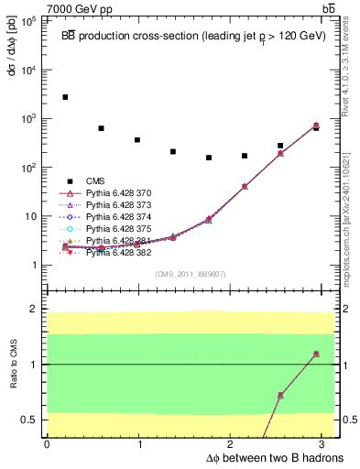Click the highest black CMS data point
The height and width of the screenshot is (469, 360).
(x=65, y=97)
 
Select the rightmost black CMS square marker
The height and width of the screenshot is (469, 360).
(x=316, y=128)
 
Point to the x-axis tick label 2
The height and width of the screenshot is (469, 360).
(x=233, y=443)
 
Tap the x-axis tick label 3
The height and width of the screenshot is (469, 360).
(x=325, y=443)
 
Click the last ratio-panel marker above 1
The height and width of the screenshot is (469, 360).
(x=316, y=354)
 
